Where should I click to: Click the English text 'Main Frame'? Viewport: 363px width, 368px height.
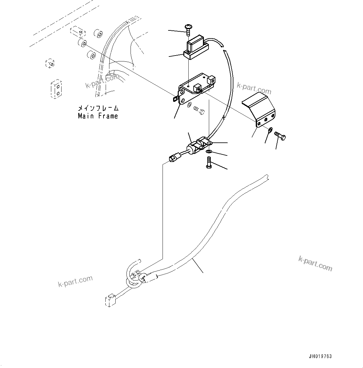pos(98,116)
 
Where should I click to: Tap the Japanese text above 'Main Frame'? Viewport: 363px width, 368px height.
pos(98,108)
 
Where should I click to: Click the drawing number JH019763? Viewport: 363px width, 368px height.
pos(320,356)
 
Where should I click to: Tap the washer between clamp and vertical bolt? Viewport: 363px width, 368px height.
pos(209,151)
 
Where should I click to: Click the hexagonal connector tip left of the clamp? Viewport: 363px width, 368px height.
pos(172,159)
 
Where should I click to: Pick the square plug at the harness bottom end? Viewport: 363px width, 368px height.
pos(110,301)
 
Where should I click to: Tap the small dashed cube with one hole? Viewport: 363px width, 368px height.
pos(50,63)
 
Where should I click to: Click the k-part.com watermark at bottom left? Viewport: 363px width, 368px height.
pos(75,281)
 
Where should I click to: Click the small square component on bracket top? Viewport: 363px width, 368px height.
pos(196,87)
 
